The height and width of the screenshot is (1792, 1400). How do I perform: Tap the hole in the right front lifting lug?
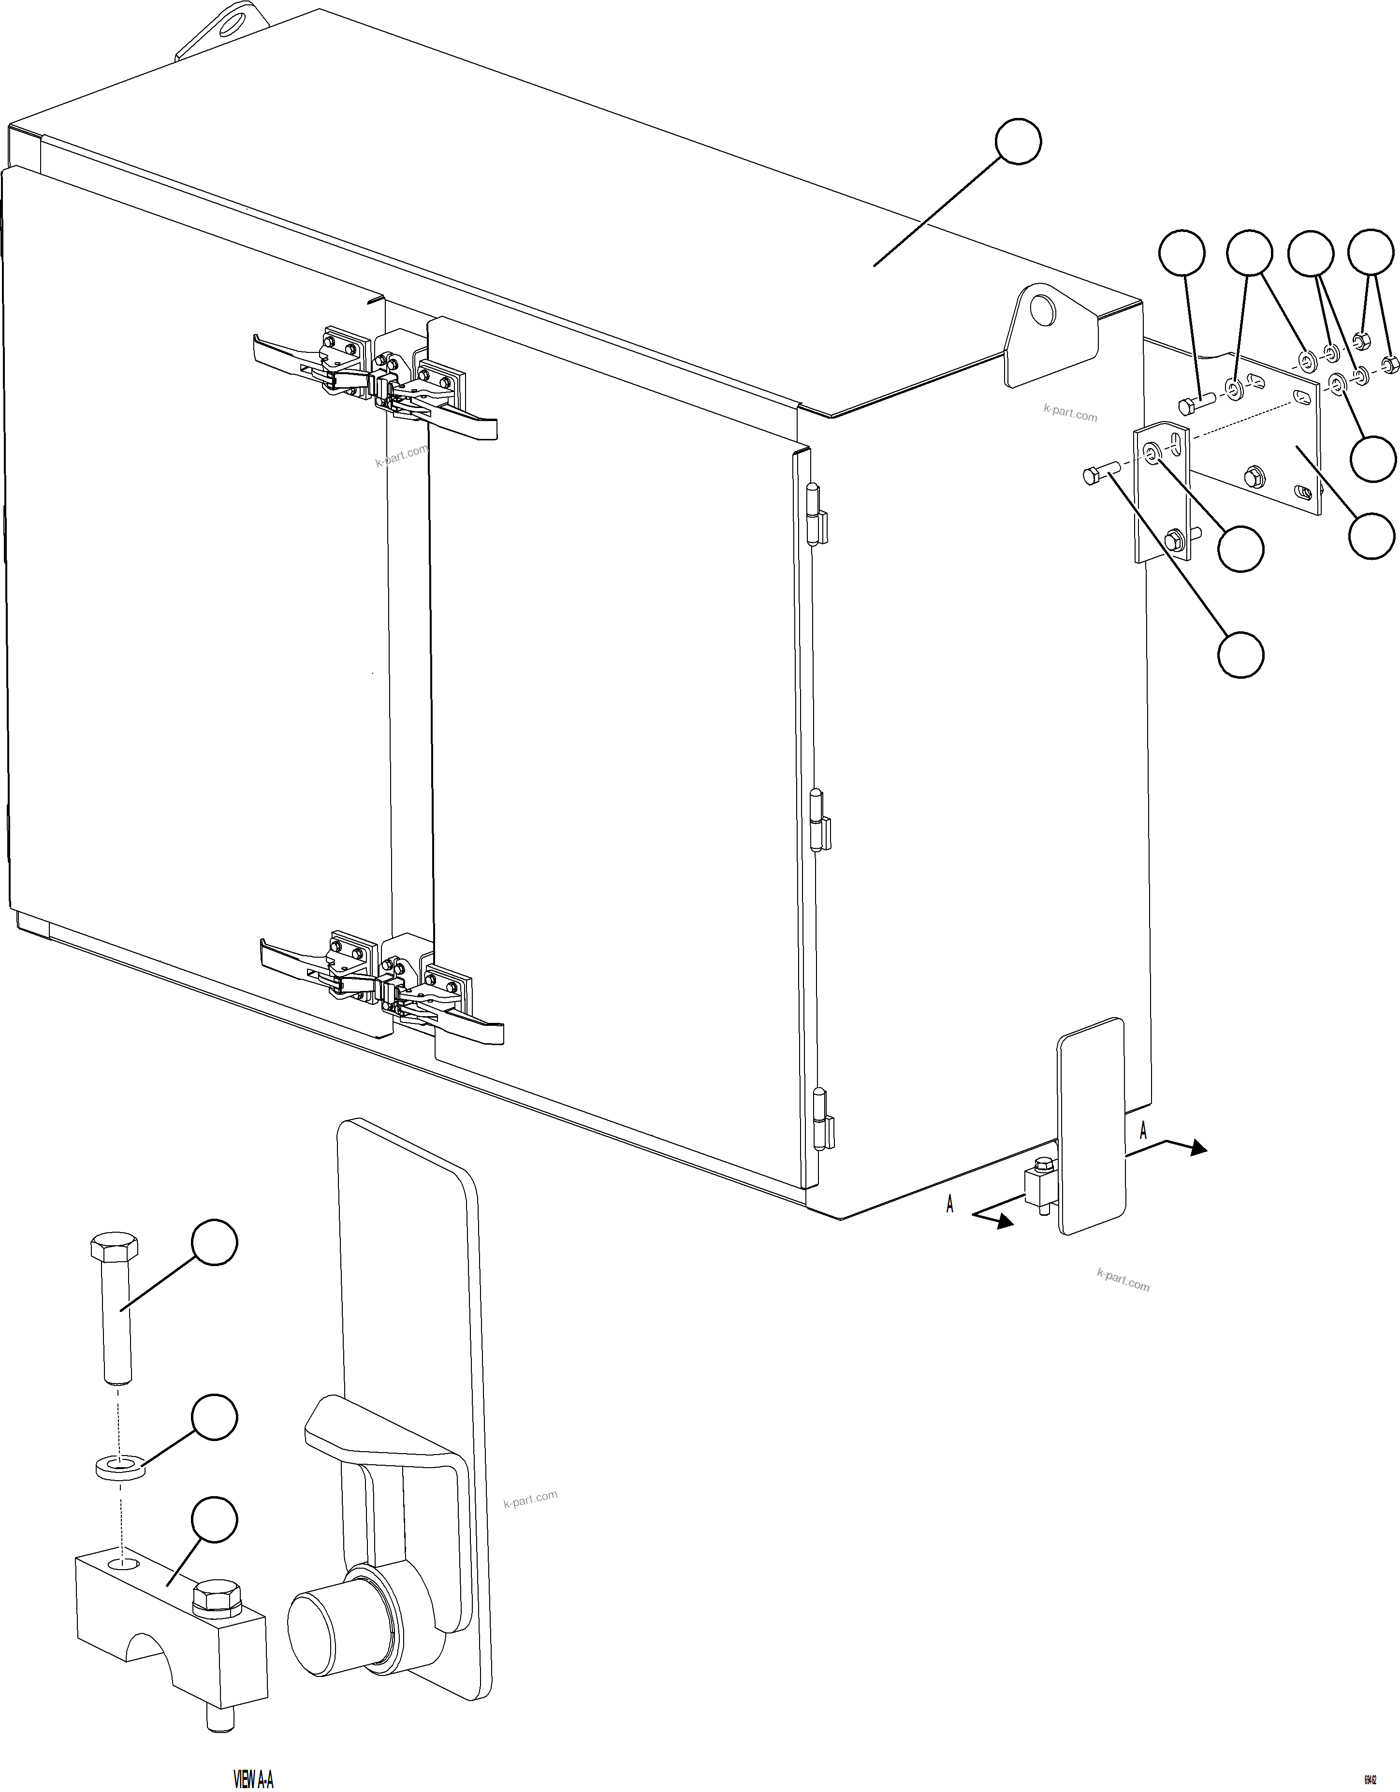pos(1043,310)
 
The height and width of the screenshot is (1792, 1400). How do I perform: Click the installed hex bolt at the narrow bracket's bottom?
pos(1173,540)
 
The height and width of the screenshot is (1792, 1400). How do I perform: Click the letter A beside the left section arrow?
pos(949,1204)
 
